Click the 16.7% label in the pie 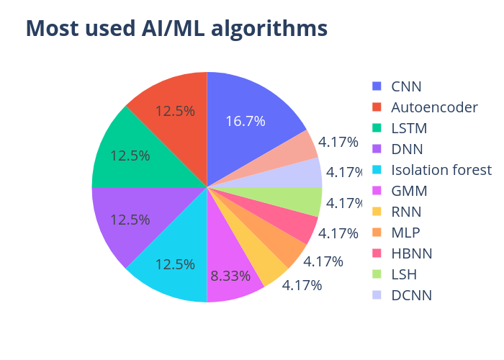click(246, 121)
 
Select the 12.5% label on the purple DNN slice click(130, 220)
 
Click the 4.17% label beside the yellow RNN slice click(302, 285)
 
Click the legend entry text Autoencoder click(434, 107)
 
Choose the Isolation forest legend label click(441, 170)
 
